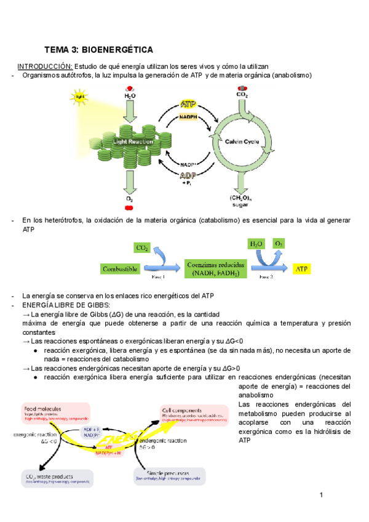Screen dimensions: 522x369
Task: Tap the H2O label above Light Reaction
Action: click(130, 96)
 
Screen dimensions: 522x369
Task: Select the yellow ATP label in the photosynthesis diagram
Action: click(189, 105)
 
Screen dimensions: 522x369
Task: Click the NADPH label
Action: click(188, 116)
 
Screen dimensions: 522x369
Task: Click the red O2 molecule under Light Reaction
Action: click(130, 208)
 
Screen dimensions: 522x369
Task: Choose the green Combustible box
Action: click(121, 268)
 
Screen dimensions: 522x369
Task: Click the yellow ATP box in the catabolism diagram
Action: click(302, 269)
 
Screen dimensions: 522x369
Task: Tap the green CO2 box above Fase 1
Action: click(141, 247)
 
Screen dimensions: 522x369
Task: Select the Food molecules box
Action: click(55, 412)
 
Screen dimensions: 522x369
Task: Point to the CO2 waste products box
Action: click(57, 478)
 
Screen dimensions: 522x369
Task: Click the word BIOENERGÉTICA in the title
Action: click(117, 49)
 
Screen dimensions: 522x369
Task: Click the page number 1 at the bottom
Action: click(322, 495)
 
